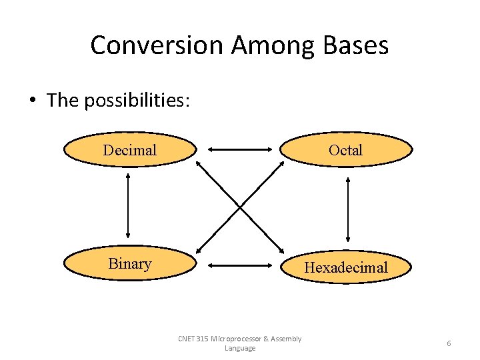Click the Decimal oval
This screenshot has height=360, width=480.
(x=130, y=150)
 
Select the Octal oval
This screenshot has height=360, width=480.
(x=345, y=150)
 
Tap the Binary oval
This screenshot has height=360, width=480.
(x=130, y=263)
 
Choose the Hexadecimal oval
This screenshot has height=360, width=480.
(x=345, y=267)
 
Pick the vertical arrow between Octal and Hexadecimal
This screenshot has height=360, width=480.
(x=347, y=209)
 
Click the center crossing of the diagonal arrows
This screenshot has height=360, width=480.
(x=240, y=206)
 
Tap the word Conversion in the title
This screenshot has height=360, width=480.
(x=157, y=45)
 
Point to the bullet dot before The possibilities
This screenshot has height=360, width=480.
(x=32, y=101)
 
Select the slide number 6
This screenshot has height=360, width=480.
(x=449, y=343)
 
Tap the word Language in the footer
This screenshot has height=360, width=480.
(x=240, y=348)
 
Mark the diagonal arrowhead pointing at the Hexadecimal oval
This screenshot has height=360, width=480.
(x=279, y=249)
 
